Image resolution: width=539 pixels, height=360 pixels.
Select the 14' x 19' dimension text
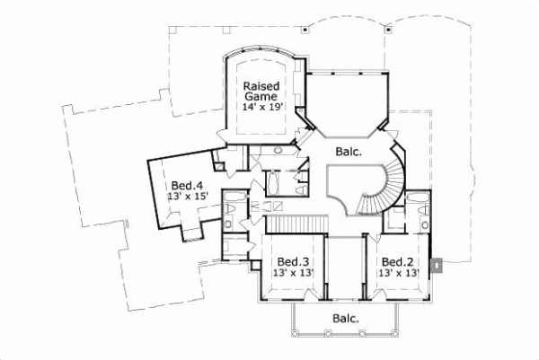[x=261, y=106]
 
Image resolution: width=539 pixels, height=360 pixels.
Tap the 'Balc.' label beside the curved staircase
[x=348, y=152]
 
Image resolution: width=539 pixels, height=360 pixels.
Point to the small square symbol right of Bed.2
[x=437, y=265]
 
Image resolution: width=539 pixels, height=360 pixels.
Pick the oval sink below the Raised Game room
[x=278, y=149]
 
